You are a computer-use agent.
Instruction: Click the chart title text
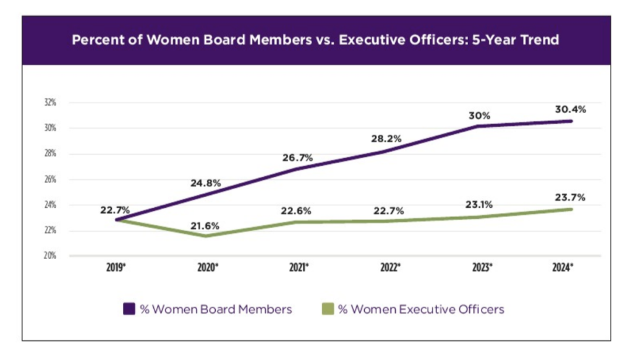(x=316, y=41)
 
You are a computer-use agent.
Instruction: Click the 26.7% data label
(x=297, y=157)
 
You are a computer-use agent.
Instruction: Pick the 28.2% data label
(x=386, y=139)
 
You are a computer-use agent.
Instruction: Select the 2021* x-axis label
(x=298, y=268)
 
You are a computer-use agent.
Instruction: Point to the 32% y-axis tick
(x=49, y=103)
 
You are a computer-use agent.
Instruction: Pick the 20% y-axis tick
(x=49, y=255)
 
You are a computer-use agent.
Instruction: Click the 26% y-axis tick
(x=49, y=179)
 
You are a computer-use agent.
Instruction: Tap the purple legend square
(x=130, y=309)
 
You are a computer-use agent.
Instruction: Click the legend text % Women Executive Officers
(x=421, y=309)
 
